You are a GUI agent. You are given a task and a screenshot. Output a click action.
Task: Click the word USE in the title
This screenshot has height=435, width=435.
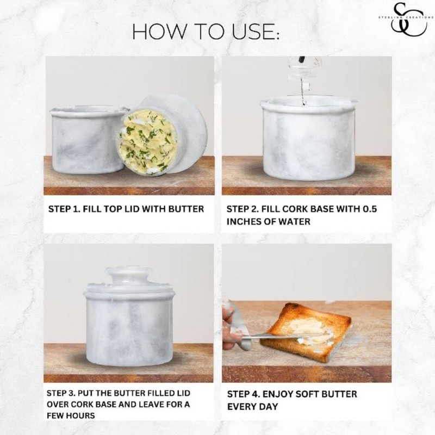253,32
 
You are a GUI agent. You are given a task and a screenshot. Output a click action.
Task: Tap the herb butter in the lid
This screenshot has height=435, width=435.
147,141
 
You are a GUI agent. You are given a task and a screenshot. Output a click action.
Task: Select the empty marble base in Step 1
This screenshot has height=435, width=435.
88,140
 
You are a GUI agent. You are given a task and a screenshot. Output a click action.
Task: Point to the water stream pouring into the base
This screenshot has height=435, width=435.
303,91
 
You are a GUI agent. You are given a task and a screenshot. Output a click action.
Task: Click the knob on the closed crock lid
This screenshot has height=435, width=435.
129,275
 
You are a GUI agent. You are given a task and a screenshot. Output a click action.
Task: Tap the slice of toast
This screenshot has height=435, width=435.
307,332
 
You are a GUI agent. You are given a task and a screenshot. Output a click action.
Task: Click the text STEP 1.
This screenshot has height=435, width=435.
64,209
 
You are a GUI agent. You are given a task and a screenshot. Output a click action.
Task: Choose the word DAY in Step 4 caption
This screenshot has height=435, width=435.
269,407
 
